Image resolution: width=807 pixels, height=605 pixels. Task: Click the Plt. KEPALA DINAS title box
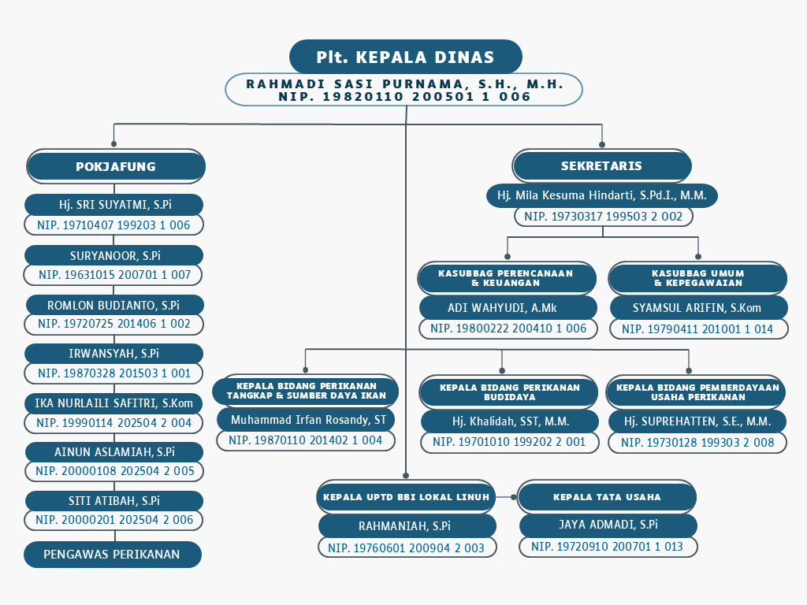pos(406,57)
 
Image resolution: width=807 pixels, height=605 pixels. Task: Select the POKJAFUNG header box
pos(116,166)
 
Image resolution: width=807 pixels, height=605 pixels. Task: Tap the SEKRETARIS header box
pos(601,165)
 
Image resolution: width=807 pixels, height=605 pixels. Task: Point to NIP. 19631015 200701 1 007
pos(113,275)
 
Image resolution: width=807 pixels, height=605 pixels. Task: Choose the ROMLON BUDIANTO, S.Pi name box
pos(113,305)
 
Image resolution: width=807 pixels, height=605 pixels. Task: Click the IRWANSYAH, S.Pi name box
pos(113,354)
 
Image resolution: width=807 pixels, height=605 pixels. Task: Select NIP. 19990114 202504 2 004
pos(113,423)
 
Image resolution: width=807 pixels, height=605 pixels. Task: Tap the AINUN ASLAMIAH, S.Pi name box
pos(114,451)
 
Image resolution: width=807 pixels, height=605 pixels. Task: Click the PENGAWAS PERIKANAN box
pos(112,554)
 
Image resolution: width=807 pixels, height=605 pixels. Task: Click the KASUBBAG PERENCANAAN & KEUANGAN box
pos(507,278)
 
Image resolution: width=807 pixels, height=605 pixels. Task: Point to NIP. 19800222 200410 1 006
pos(508,328)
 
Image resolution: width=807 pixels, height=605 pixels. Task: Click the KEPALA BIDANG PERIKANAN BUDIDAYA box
pos(509,392)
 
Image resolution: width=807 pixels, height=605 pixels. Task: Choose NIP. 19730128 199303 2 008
pos(697,443)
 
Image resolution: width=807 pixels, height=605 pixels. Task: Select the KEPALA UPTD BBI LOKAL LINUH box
pos(406,497)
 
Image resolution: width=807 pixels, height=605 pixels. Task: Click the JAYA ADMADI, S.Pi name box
pos(608,525)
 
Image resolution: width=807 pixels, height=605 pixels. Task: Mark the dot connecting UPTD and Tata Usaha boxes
pos(513,497)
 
